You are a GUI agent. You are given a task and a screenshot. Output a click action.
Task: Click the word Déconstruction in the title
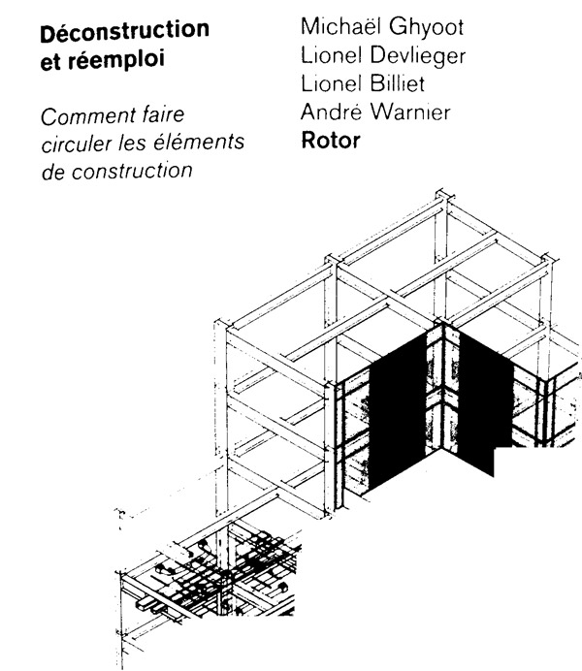point(124,30)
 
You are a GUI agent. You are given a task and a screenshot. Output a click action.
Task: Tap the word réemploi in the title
point(116,60)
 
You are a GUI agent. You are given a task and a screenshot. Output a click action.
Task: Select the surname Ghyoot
point(426,27)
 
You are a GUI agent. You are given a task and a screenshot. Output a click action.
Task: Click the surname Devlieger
point(418,55)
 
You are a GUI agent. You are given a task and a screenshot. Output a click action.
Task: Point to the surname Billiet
point(397,83)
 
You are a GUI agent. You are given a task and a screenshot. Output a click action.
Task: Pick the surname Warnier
point(410,112)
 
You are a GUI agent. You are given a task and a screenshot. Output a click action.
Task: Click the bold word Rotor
point(331,141)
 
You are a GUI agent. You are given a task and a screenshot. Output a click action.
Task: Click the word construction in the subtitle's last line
point(132,172)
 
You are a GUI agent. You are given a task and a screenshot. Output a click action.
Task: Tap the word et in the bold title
point(50,63)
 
